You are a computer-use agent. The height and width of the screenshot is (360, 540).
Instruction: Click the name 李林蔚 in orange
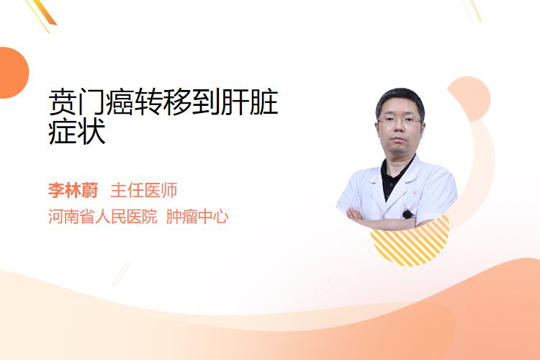tap(73, 191)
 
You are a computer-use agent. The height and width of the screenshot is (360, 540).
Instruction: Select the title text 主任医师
tap(144, 191)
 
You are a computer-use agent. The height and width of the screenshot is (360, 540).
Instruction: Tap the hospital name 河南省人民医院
tap(103, 217)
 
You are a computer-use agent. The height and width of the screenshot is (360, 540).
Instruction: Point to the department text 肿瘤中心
tap(197, 217)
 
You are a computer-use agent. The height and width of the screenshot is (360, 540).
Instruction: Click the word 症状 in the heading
tap(77, 132)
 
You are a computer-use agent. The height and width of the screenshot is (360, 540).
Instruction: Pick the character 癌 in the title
tap(120, 102)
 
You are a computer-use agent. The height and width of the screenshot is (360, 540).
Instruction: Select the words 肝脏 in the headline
tap(249, 102)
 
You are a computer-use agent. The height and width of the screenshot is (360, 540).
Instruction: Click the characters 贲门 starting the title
tap(77, 102)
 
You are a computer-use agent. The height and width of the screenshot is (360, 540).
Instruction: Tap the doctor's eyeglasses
tap(400, 120)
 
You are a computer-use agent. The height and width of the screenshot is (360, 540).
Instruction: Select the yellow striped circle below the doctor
tap(410, 243)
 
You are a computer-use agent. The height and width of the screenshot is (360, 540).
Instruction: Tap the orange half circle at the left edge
tap(13, 73)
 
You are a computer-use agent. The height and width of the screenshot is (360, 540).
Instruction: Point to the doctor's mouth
tap(399, 139)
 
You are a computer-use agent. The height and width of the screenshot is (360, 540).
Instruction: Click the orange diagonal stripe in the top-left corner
tap(45, 12)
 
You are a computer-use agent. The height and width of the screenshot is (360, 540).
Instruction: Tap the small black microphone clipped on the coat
tap(408, 215)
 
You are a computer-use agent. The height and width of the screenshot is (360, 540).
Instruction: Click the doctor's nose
tap(399, 127)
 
